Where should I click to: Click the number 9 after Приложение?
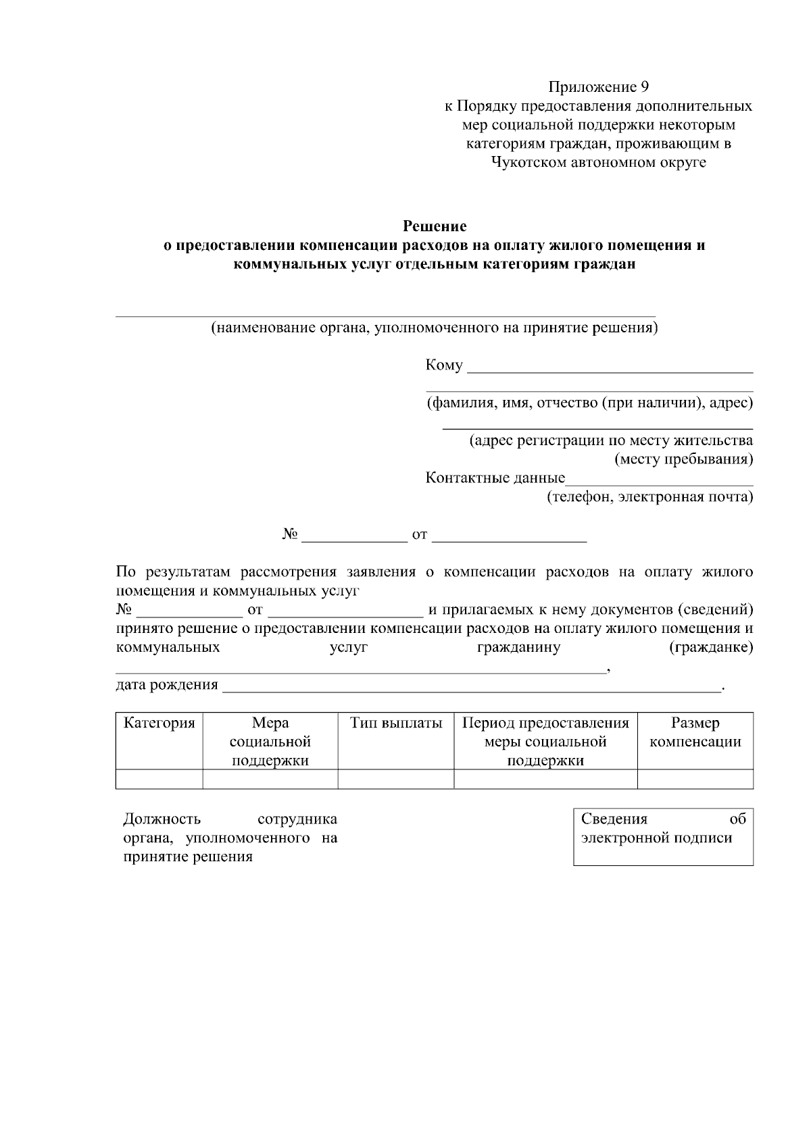point(644,87)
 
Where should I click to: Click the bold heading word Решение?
point(435,226)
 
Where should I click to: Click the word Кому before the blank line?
point(444,365)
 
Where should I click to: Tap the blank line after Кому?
point(610,370)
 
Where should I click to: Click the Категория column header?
point(159,723)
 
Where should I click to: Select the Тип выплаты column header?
point(396,723)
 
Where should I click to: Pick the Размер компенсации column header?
point(695,732)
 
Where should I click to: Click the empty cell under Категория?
point(159,779)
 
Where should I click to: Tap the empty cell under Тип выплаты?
point(396,779)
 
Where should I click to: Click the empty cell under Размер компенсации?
point(695,779)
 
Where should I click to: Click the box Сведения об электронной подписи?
point(663,836)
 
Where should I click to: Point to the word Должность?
point(162,819)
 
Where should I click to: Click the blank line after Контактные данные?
point(659,483)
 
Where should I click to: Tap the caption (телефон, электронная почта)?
point(649,497)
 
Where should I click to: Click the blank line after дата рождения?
point(472,690)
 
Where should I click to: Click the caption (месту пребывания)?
point(683,459)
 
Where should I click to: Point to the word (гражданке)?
point(711,648)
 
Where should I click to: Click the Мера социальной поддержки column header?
point(270,742)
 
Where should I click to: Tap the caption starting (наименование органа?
point(434,328)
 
